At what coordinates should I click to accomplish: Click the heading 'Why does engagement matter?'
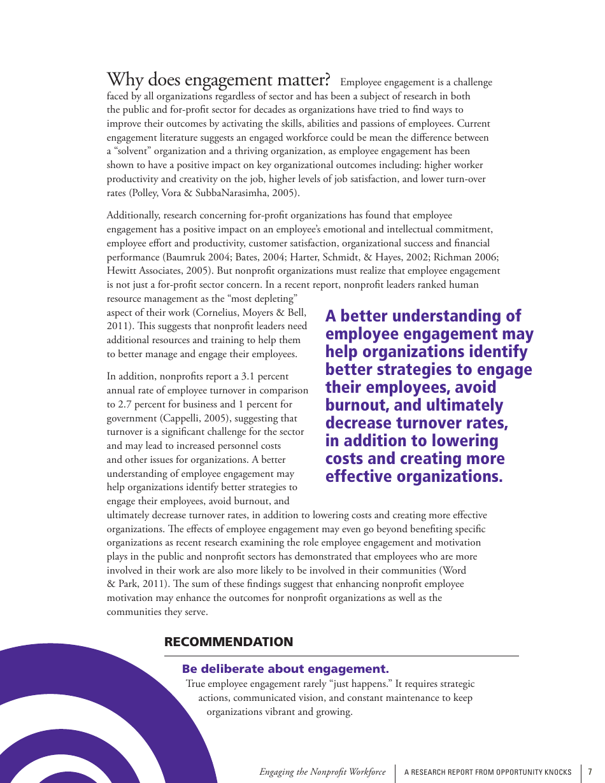[218, 80]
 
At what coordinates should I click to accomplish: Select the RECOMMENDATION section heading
[229, 642]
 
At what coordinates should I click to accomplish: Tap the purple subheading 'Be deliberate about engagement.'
[285, 669]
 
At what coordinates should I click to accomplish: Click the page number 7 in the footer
[590, 772]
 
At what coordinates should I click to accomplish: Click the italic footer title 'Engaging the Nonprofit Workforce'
[322, 772]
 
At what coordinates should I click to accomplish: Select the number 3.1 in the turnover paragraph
[248, 376]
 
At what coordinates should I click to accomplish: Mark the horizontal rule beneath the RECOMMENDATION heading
[341, 656]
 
